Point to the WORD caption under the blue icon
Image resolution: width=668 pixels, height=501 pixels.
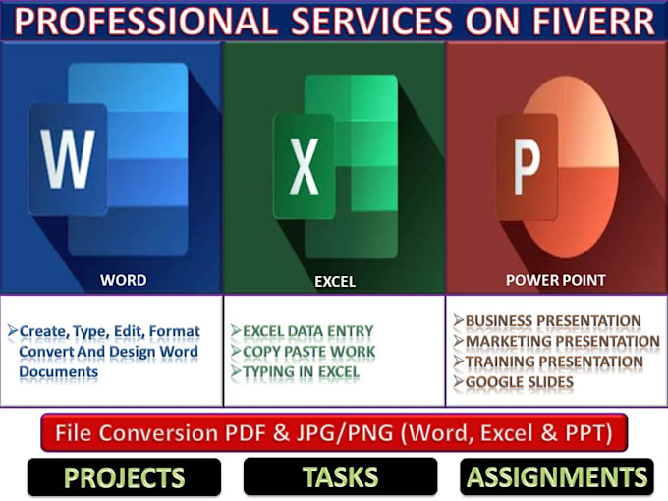pos(124,280)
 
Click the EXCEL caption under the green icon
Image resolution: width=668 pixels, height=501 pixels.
pos(335,281)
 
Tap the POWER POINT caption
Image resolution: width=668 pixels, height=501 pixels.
pos(555,280)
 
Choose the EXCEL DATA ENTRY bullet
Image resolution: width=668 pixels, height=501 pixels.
pos(308,332)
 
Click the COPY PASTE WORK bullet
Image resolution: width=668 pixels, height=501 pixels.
pos(308,352)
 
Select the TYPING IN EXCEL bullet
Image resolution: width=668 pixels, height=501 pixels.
pos(301,372)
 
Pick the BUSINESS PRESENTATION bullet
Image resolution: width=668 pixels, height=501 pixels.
pos(552,321)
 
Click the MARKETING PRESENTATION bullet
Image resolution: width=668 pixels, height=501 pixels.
pos(562,342)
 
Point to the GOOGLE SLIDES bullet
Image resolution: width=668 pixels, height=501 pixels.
pos(519,382)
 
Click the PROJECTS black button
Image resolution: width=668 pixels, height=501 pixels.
pos(124,477)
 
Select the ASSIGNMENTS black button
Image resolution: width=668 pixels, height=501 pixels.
pos(557,477)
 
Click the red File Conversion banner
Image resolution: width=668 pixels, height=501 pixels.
pos(334,432)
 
